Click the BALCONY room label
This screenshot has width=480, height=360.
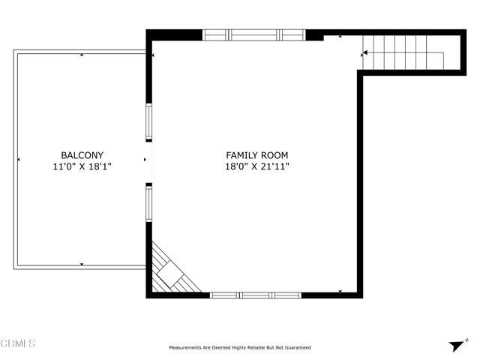click(x=82, y=155)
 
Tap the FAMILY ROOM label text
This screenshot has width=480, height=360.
click(x=257, y=155)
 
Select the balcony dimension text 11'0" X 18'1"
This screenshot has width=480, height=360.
click(x=82, y=166)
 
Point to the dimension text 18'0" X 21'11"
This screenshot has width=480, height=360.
click(x=257, y=166)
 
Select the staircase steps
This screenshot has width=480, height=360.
click(x=403, y=52)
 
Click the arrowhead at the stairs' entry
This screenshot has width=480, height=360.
click(x=365, y=53)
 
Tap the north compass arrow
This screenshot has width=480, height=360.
click(x=457, y=346)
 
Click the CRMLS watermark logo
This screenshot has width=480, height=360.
click(x=18, y=343)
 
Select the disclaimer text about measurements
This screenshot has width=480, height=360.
click(x=240, y=347)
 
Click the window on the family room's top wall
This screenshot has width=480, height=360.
click(x=254, y=35)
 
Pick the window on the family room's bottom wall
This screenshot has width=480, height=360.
click(x=256, y=295)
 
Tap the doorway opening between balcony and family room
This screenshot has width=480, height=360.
click(x=148, y=162)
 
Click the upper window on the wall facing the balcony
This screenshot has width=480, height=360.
click(x=148, y=121)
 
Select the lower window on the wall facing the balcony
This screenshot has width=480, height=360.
click(x=148, y=203)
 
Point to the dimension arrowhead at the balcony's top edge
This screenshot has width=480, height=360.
click(x=82, y=55)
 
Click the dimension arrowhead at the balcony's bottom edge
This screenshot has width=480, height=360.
click(x=82, y=264)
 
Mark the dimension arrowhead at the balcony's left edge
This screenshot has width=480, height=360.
click(x=19, y=160)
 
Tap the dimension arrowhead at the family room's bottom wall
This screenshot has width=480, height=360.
click(x=340, y=292)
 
